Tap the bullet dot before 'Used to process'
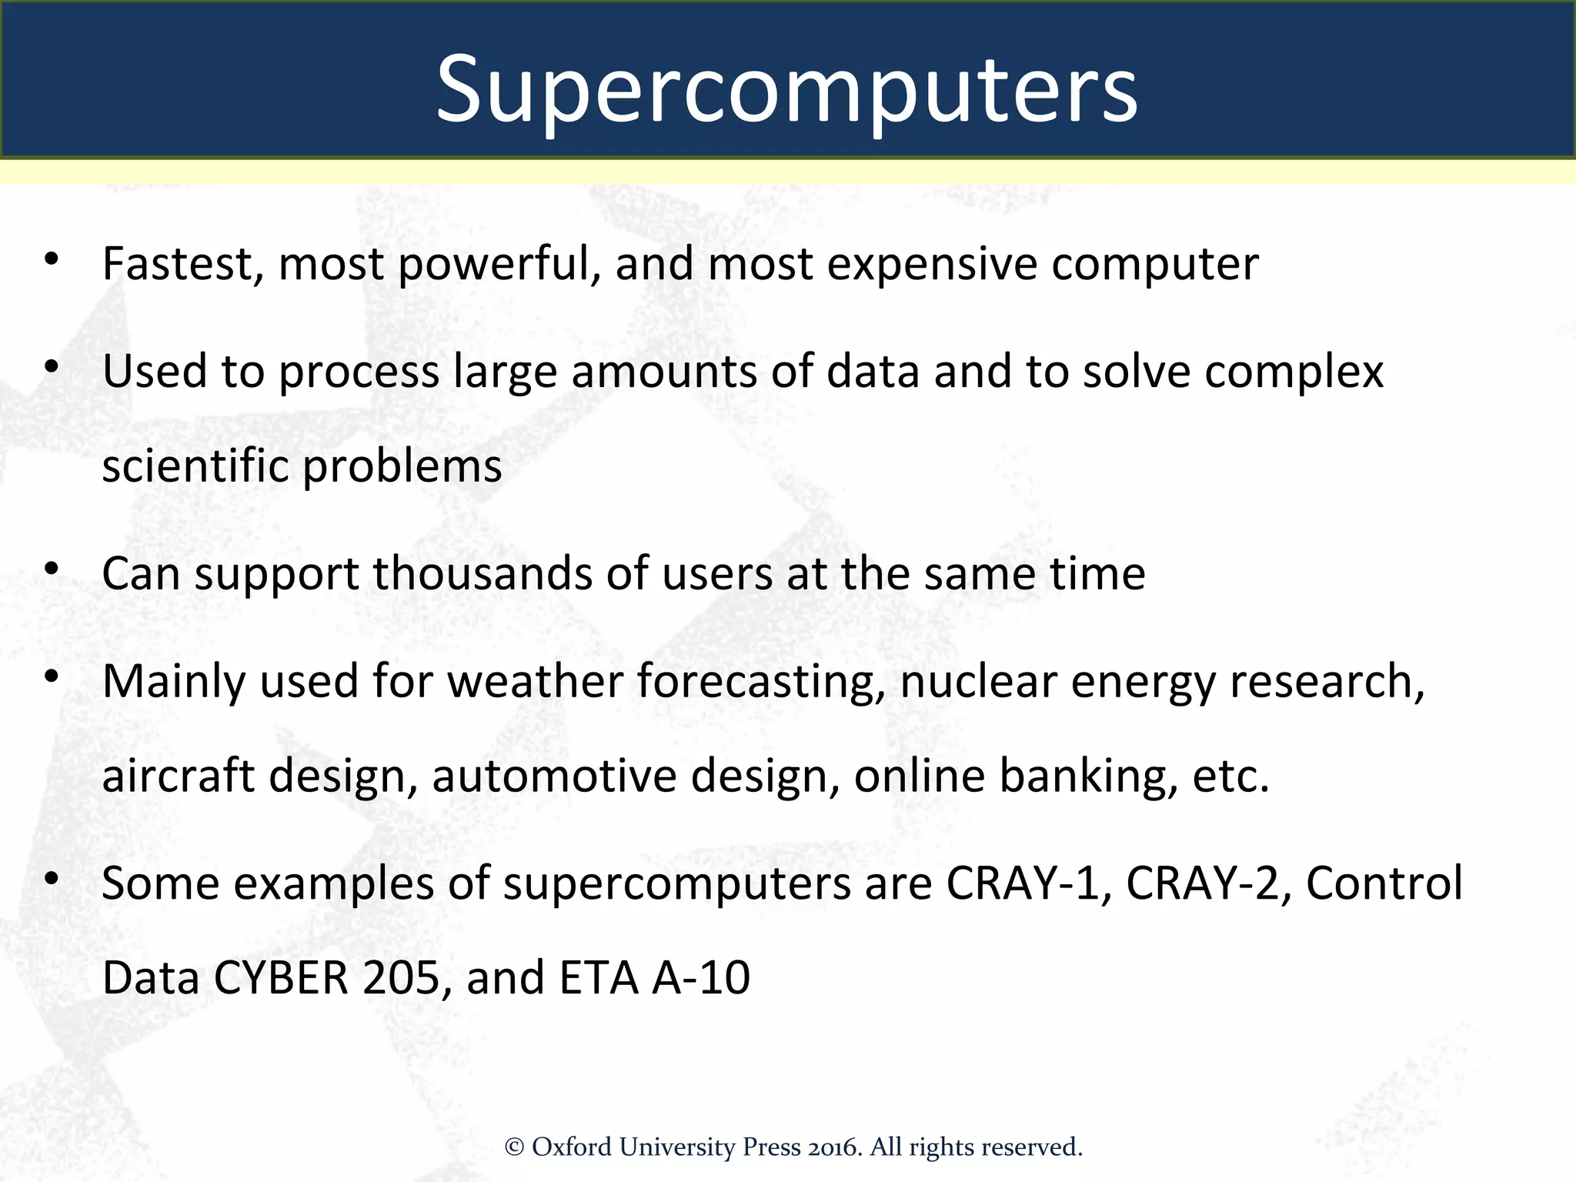52,367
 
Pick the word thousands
482,574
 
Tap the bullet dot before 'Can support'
52,569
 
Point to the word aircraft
178,776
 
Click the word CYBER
281,978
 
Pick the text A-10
701,978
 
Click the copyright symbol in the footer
514,1147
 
